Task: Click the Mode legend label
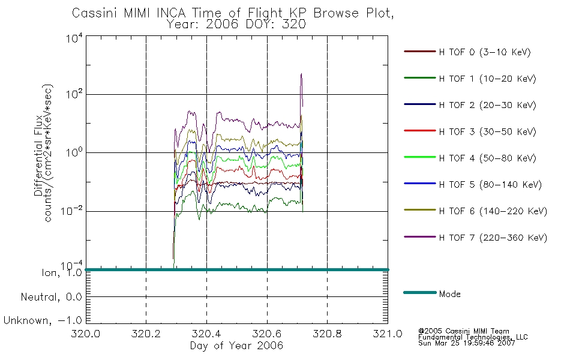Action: coord(449,294)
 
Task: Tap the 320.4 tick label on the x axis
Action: coord(206,334)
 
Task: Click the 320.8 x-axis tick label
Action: coord(327,334)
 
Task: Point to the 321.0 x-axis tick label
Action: coord(388,334)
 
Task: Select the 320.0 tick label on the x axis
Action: coord(85,334)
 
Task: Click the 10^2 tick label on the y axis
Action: coord(74,95)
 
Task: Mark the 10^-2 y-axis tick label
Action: coord(72,211)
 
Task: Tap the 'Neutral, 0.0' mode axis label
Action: coord(51,297)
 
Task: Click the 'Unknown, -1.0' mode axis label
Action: coord(43,320)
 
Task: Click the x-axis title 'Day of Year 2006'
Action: coord(236,346)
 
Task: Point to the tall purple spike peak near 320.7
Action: coord(301,74)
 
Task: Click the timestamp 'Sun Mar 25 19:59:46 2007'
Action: coord(466,343)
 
